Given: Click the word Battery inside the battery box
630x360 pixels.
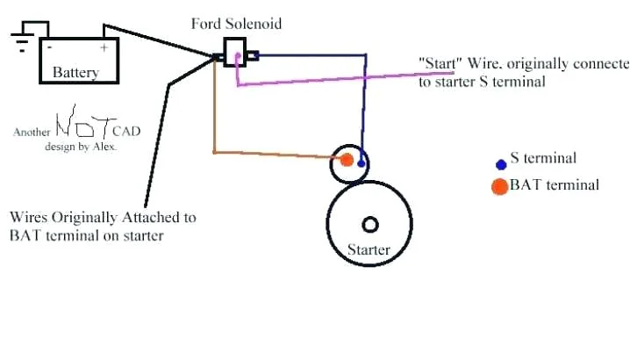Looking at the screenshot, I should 75,72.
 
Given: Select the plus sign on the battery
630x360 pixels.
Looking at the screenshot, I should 104,47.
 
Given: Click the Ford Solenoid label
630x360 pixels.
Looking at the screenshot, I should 237,24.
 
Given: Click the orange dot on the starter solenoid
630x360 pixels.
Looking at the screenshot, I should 347,160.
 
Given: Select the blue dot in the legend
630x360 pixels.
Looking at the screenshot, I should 501,164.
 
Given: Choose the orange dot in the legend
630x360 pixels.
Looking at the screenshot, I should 499,185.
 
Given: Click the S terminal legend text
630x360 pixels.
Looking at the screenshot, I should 543,159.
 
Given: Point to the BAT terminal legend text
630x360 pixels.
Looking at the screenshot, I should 555,185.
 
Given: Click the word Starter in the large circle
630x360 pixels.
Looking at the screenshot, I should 369,250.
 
